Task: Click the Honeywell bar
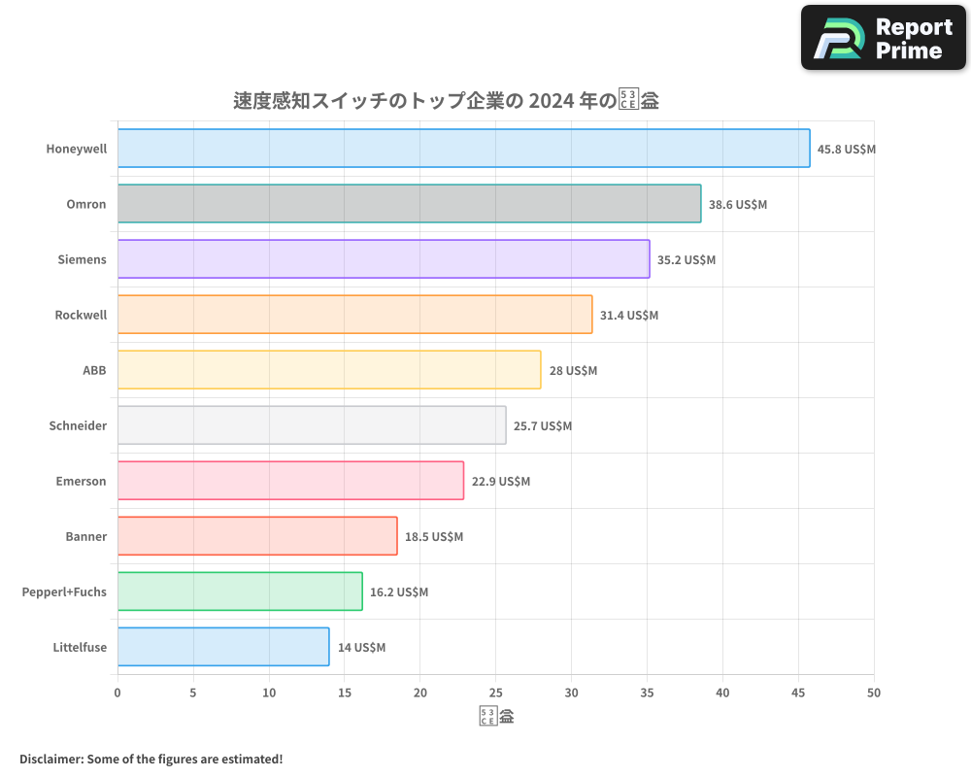[x=463, y=149]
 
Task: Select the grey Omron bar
[x=409, y=204]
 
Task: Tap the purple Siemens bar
[x=384, y=259]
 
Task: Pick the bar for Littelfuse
[x=223, y=647]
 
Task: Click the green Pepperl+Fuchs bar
[x=240, y=591]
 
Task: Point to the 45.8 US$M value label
[x=847, y=150]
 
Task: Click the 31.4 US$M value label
[x=629, y=316]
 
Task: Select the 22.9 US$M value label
[x=501, y=482]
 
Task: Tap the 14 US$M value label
[x=361, y=648]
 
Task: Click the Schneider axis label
[x=78, y=425]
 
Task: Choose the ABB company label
[x=94, y=370]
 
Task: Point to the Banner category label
[x=85, y=536]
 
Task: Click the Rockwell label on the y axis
[x=81, y=315]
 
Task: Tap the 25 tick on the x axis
[x=495, y=693]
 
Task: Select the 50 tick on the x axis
[x=874, y=693]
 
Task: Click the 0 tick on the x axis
[x=117, y=693]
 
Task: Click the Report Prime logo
[x=884, y=38]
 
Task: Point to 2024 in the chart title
[x=549, y=101]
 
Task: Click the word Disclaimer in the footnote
[x=50, y=759]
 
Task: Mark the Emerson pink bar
[x=290, y=481]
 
